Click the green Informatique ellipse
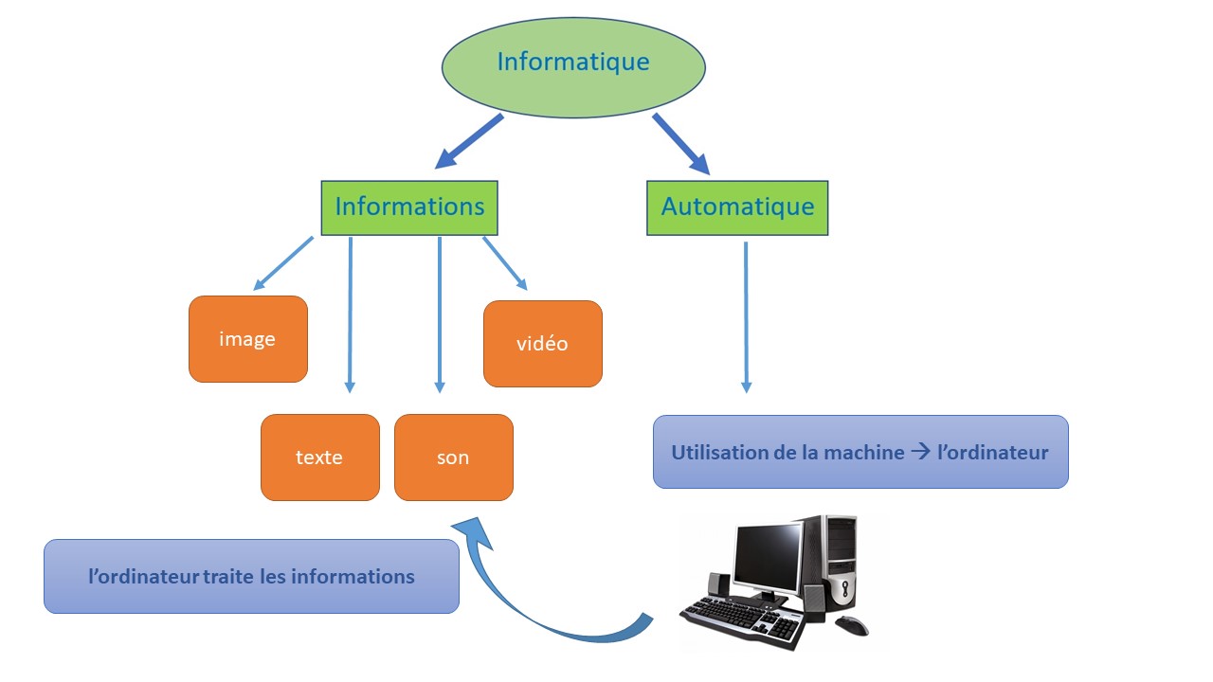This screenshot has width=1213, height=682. coord(573,67)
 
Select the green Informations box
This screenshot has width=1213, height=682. coord(409,207)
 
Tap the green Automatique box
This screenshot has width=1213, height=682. coord(737,207)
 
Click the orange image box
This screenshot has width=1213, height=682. coord(248,339)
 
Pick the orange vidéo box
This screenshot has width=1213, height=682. coord(543,344)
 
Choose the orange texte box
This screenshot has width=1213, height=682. coord(320,458)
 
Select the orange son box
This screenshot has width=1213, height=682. coord(454,458)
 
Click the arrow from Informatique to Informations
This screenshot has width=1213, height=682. coord(469,141)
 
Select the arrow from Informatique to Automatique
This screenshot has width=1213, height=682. coord(681,143)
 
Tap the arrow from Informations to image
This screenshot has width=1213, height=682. coord(283,263)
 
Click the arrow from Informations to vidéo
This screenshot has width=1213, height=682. coord(505,263)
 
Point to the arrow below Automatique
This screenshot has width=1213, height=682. coord(746,317)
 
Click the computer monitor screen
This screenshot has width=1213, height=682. coord(768,558)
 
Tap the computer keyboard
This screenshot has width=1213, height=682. coord(743,622)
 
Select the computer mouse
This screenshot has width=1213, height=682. coord(852,626)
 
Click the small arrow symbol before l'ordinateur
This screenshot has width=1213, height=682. coord(920,452)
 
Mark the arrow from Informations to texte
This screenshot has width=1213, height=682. coord(350,314)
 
